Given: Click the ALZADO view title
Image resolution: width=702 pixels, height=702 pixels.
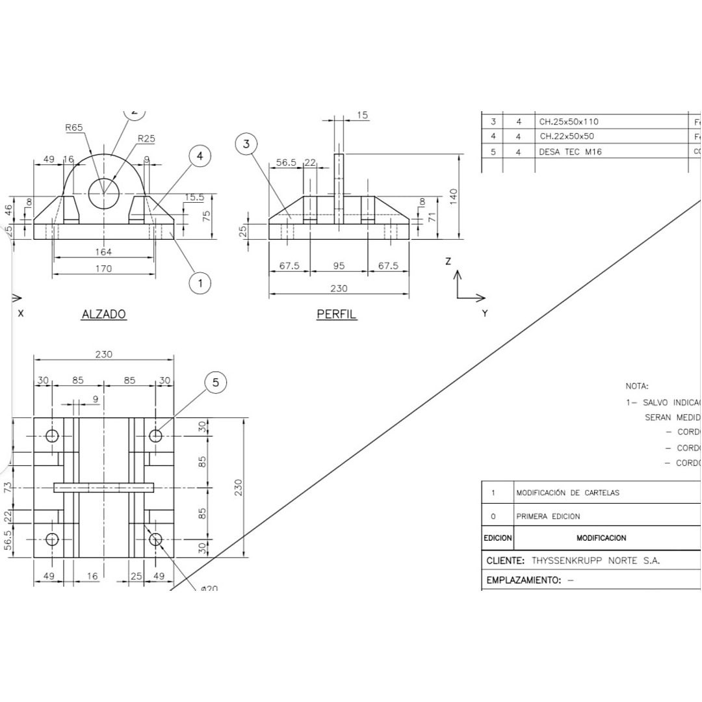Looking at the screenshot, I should click(x=103, y=315).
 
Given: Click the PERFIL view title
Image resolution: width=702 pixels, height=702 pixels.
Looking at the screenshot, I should click(x=337, y=315).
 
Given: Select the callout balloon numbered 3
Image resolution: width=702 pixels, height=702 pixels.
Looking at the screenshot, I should click(x=246, y=144).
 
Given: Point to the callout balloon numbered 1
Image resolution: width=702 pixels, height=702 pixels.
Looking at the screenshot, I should click(x=200, y=283).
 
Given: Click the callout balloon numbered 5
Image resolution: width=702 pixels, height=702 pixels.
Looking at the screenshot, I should click(x=216, y=383).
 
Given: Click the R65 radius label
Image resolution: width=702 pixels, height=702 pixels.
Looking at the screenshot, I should click(x=74, y=128).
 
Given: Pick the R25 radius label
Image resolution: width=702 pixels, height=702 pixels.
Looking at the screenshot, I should click(x=146, y=138).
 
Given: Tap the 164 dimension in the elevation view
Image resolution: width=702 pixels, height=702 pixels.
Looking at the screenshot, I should click(x=103, y=252).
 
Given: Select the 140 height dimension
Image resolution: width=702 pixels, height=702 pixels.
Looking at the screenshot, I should click(x=453, y=195).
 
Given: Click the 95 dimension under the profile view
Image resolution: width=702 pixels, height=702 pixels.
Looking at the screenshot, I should click(x=339, y=266).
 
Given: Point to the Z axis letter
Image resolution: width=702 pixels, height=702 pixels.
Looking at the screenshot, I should click(x=448, y=261).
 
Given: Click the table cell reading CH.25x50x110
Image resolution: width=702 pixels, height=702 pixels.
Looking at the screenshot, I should click(x=569, y=122).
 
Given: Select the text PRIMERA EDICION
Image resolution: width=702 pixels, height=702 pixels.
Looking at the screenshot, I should click(x=548, y=516).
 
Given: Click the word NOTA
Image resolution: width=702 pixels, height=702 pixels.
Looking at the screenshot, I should click(x=637, y=386).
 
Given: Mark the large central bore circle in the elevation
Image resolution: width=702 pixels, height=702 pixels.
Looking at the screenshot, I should click(x=104, y=193).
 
